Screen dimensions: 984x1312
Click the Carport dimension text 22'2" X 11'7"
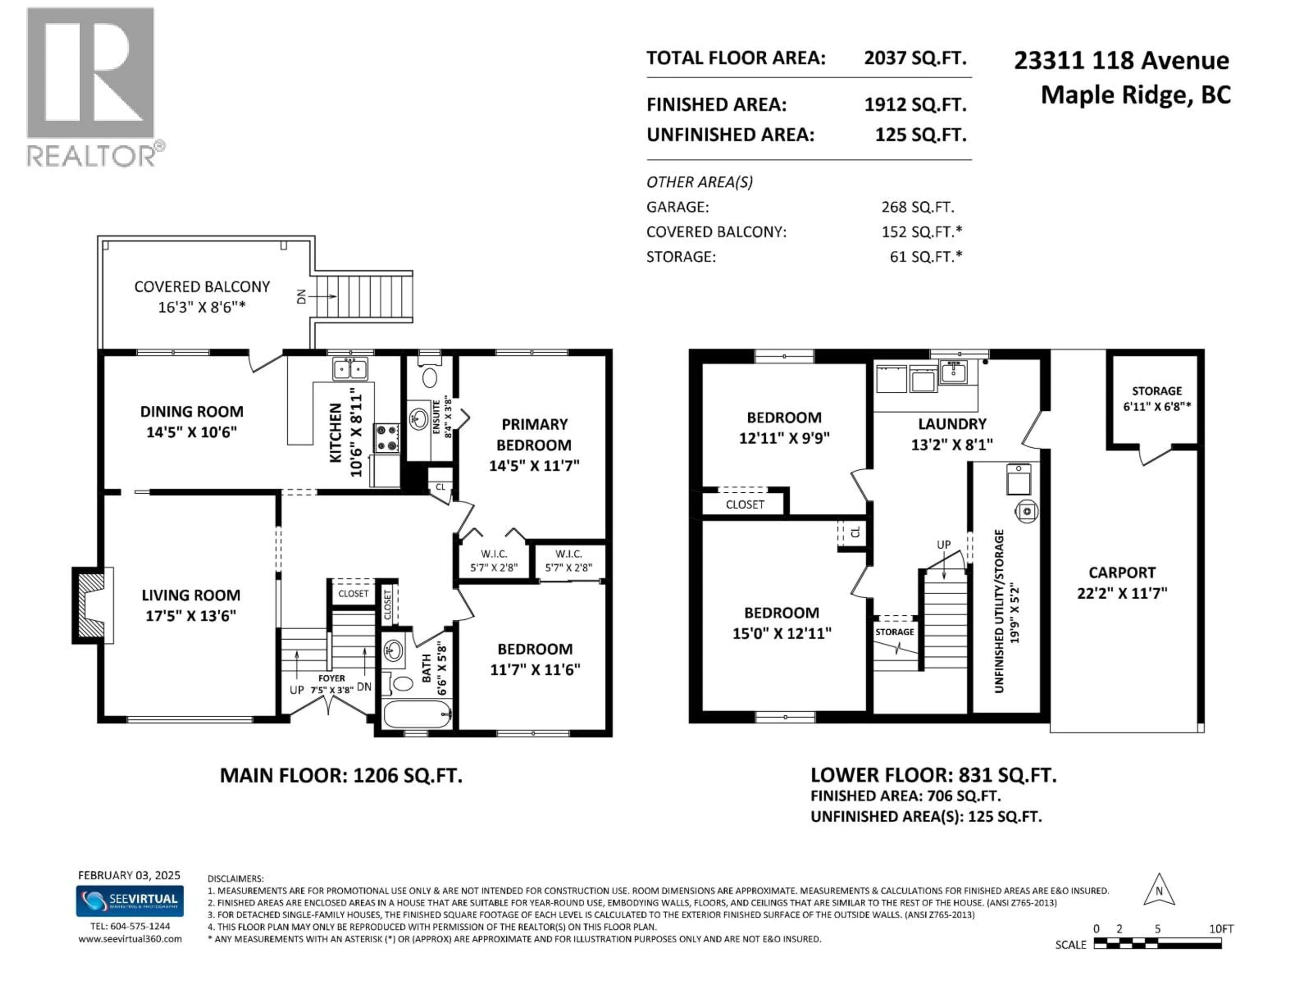[x=1122, y=593]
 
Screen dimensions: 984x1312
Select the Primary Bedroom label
[x=534, y=435]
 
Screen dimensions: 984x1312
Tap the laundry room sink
[x=953, y=372]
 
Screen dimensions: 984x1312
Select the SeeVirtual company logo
[x=129, y=900]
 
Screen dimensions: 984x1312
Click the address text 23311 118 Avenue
[x=1121, y=60]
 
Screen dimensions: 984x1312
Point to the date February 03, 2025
[x=129, y=875]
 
